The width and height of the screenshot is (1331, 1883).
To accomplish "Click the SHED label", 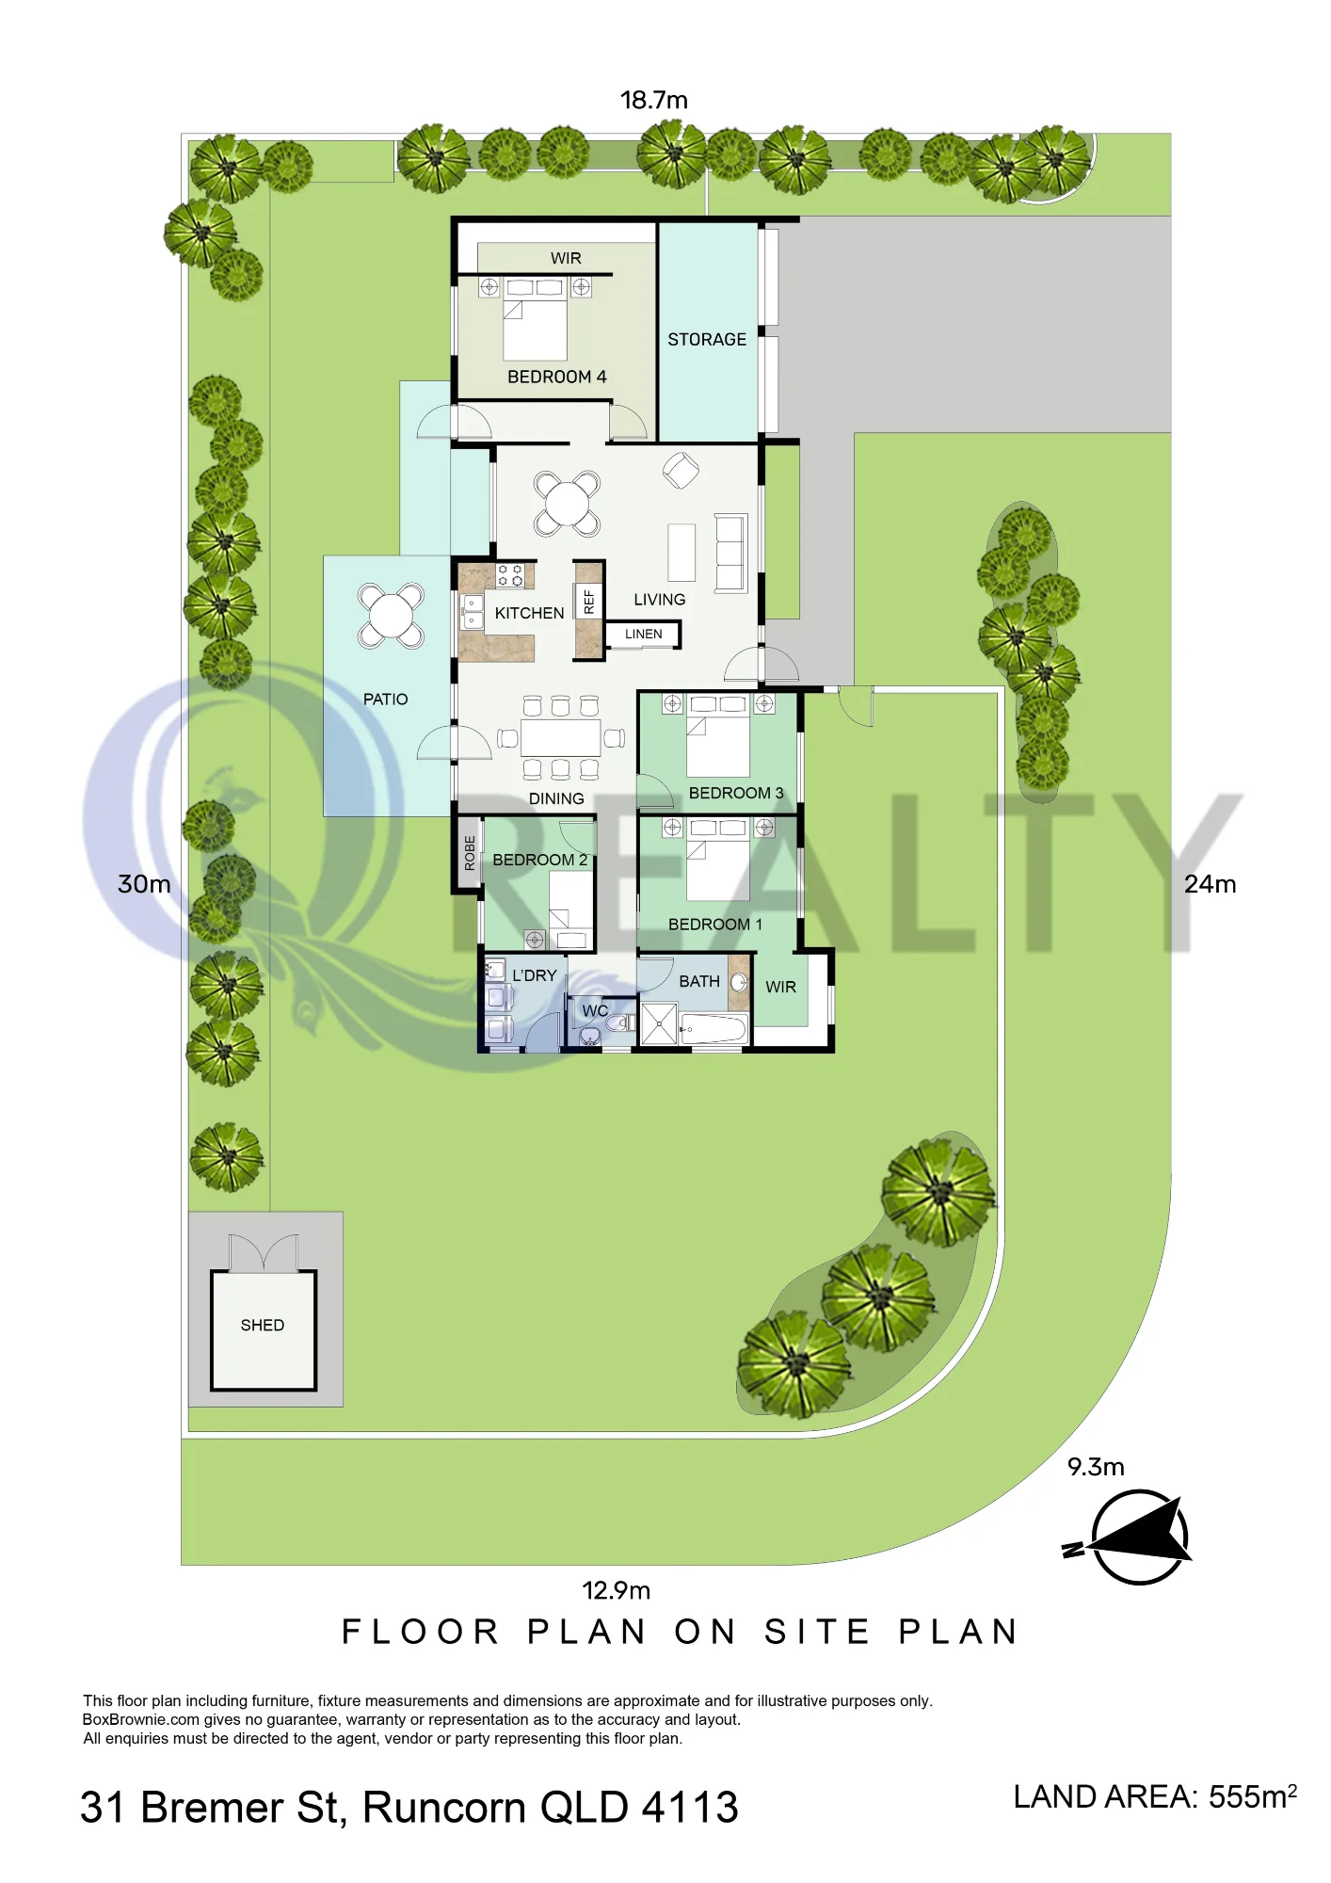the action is click(262, 1326).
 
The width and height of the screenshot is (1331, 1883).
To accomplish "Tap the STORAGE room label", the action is click(707, 340).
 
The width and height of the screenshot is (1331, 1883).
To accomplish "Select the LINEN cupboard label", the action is click(644, 635).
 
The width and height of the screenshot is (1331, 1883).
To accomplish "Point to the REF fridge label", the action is click(589, 602).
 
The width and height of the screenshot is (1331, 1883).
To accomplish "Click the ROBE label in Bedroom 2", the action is click(470, 853).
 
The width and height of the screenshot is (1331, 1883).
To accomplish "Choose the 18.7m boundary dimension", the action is click(654, 100).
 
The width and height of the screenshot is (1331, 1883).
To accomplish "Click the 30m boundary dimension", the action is click(144, 884).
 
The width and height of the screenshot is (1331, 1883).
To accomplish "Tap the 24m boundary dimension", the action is click(1211, 884).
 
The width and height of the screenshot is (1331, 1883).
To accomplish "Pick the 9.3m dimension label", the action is click(1096, 1467).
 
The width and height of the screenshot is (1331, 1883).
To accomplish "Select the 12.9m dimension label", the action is click(617, 1590).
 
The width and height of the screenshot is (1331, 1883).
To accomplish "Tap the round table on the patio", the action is click(390, 617).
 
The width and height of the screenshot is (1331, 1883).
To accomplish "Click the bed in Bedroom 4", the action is click(535, 319).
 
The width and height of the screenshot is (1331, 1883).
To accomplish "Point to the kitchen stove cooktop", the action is click(510, 575).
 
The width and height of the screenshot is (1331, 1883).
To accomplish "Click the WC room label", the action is click(595, 1011).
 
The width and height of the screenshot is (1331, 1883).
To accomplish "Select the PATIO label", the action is click(386, 700).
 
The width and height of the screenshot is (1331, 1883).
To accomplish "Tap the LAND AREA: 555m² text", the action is click(1155, 1796).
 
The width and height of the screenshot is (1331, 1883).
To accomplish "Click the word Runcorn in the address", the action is click(444, 1808).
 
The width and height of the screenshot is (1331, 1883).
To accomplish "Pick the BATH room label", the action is click(699, 982).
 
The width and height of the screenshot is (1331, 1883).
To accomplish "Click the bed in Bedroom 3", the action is click(718, 735).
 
